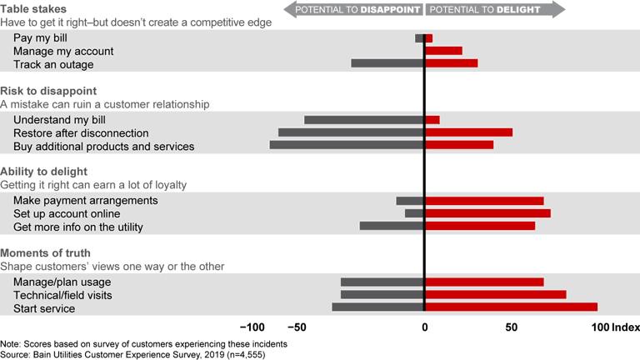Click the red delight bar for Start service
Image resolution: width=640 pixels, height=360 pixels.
click(511, 307)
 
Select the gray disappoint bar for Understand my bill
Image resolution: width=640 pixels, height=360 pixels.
click(364, 120)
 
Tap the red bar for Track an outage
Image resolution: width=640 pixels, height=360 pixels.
click(451, 63)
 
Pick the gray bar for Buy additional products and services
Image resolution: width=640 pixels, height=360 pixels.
click(347, 145)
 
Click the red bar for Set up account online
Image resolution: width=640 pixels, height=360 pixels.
click(487, 213)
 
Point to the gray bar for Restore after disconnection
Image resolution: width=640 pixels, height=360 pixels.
click(351, 132)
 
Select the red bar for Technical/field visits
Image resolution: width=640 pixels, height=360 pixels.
click(495, 295)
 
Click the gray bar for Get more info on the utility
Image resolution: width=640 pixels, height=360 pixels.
click(392, 226)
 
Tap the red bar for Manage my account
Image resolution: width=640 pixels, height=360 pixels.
click(443, 51)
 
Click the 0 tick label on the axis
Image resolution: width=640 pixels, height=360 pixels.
click(424, 327)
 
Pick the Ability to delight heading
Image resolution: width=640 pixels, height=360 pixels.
click(43, 172)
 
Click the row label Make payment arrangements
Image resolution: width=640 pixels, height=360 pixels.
click(86, 201)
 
